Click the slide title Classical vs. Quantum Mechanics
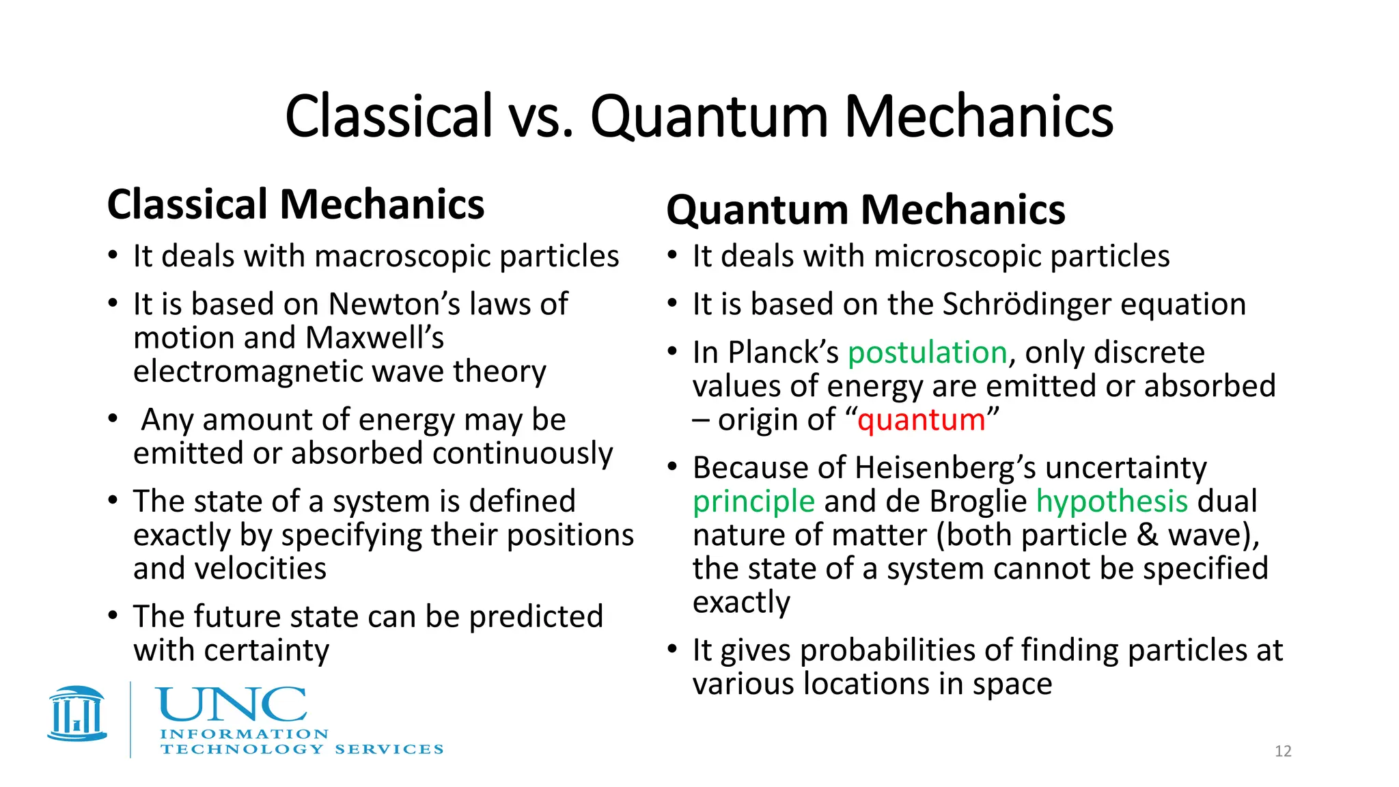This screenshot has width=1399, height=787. tap(699, 116)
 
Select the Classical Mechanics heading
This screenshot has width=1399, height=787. tap(296, 204)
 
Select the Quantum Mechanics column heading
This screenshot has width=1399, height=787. tap(865, 210)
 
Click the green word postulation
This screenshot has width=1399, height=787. tap(927, 353)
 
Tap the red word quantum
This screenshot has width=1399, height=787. tap(921, 419)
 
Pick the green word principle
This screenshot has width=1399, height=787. tap(753, 501)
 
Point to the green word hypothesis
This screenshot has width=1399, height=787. tap(1112, 501)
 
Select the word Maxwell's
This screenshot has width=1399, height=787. tap(374, 337)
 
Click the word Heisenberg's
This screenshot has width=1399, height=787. tap(945, 468)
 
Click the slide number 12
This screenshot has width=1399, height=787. tap(1283, 751)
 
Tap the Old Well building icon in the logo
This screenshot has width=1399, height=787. tap(77, 713)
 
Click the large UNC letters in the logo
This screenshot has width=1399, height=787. tap(232, 704)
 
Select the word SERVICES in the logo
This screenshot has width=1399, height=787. tap(389, 749)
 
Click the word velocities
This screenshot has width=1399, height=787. tap(271, 568)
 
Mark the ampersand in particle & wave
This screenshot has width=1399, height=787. tap(1148, 535)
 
